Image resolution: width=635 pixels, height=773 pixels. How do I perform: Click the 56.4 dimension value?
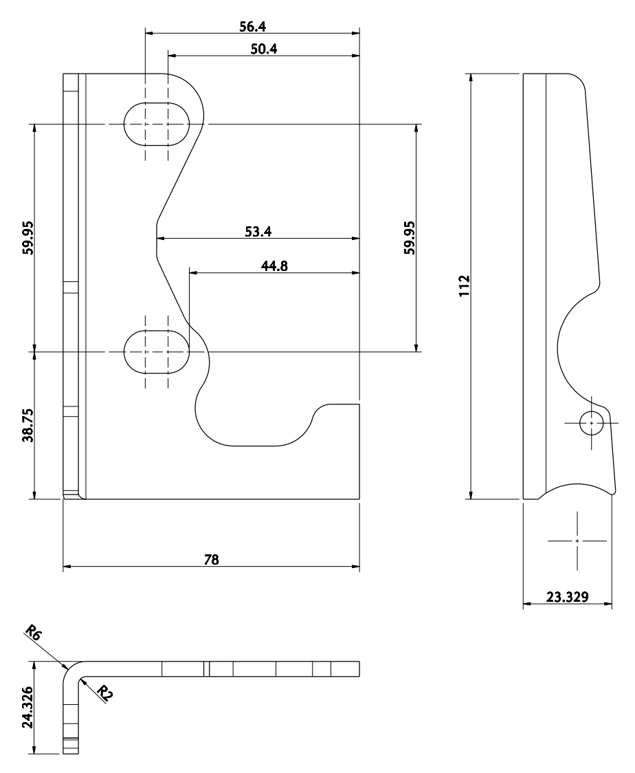[x=252, y=27]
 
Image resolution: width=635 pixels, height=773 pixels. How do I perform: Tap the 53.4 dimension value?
[x=258, y=231]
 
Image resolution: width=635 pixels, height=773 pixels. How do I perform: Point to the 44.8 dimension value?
[x=274, y=265]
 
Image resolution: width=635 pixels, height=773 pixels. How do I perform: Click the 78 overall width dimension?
[x=212, y=559]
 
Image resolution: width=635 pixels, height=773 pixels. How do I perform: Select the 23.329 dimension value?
[x=567, y=597]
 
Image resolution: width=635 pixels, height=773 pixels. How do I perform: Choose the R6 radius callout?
[x=32, y=633]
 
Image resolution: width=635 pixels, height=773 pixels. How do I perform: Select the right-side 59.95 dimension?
[x=410, y=237]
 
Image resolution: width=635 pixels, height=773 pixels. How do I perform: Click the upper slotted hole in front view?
[x=157, y=124]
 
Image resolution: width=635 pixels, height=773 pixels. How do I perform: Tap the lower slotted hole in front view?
[x=157, y=351]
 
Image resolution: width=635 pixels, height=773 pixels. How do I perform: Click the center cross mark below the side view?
[x=577, y=541]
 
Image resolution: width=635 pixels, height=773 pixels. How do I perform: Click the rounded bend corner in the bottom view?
[x=71, y=671]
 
